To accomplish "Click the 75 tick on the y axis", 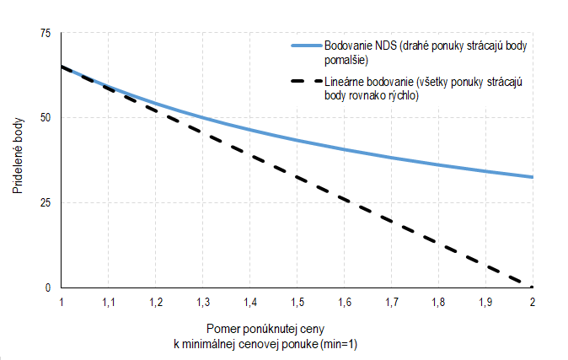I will click(45, 33).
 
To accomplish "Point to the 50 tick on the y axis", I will click(45, 118).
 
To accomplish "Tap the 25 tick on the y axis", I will click(45, 203).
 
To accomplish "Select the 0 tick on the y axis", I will click(47, 288).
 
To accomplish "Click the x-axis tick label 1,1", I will click(109, 301).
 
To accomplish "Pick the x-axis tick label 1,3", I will click(203, 301).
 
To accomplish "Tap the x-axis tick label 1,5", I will click(297, 301).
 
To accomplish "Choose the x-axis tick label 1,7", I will click(392, 301).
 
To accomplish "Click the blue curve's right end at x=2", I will click(533, 177).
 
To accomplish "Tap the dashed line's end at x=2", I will click(532, 287).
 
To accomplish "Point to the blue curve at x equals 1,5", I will click(297, 140).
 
